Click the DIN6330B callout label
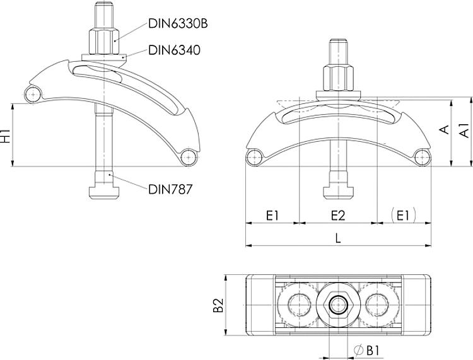(178, 23)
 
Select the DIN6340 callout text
(174, 50)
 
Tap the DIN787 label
(170, 189)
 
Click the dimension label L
(338, 238)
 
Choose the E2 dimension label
(338, 216)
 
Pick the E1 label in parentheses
(403, 215)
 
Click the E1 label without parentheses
(272, 216)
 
